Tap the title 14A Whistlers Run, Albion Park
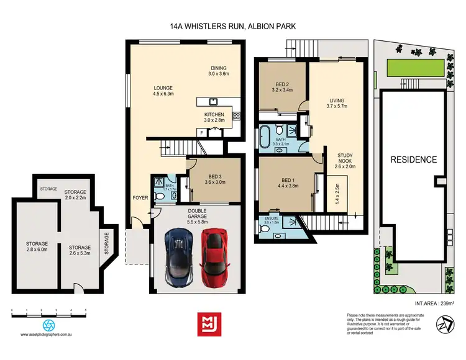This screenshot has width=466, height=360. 232,27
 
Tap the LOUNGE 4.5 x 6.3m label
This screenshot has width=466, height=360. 163,92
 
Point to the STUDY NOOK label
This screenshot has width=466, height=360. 345,160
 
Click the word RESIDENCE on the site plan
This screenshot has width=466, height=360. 413,160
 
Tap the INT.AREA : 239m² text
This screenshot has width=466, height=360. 434,303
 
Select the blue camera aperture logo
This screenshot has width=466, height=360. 48,325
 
